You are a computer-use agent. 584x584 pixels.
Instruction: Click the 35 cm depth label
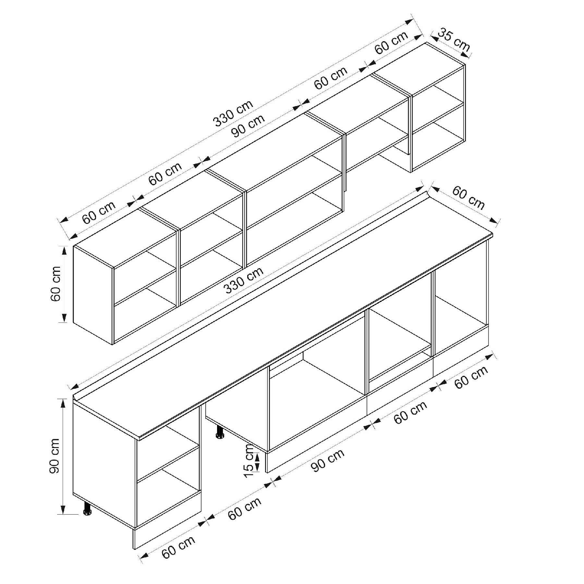tap(454, 40)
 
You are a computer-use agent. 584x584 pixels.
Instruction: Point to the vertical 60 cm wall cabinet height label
tap(55, 284)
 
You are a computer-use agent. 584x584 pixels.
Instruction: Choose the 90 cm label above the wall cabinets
tap(248, 126)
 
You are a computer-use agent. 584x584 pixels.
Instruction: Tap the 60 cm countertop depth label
tap(468, 198)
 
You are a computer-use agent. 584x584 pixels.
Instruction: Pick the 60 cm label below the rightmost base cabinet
tap(471, 377)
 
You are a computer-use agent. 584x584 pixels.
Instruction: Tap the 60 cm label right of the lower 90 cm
tap(410, 413)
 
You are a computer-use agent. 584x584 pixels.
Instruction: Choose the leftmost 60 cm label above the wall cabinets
tap(99, 213)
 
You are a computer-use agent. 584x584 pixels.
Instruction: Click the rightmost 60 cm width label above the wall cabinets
tap(391, 43)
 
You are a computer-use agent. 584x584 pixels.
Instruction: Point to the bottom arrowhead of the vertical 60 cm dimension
tap(64, 318)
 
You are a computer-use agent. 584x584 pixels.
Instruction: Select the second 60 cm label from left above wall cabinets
tap(165, 174)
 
